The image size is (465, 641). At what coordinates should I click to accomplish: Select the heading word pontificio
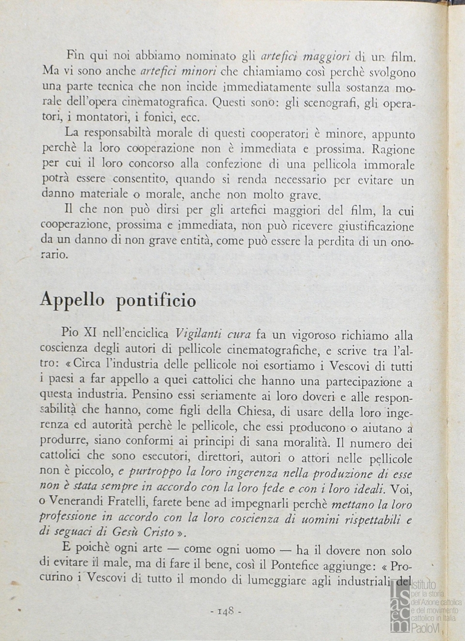[156, 302]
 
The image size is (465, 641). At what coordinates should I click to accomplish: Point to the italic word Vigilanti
[199, 334]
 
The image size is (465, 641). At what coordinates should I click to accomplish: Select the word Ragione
[391, 150]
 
